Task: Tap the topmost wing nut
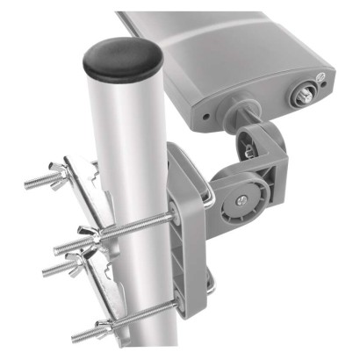tap(68, 171)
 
